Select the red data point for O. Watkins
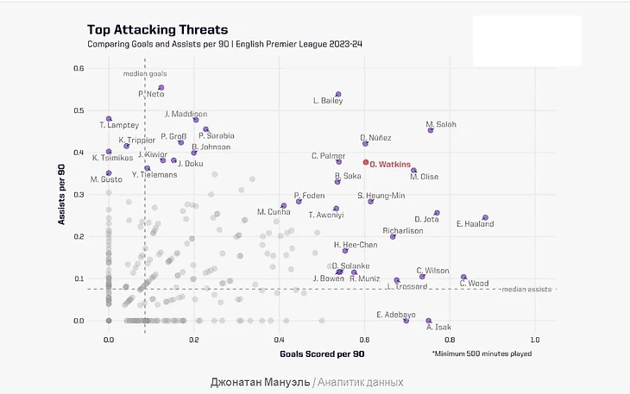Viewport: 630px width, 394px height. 366,162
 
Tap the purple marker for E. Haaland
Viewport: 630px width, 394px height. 485,218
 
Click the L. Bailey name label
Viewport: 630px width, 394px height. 328,101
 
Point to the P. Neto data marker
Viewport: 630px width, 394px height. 161,88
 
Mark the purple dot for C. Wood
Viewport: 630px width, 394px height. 463,278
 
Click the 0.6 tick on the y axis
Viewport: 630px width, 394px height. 78,69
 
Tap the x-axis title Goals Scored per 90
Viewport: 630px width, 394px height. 323,353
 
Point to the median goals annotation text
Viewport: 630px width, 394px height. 145,74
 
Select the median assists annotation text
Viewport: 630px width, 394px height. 526,289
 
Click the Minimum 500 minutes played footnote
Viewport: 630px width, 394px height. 482,353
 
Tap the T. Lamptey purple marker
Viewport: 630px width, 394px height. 109,119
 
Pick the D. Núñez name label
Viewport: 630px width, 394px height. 375,138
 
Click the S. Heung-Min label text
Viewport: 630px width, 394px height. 381,196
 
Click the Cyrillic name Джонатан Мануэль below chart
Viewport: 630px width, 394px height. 259,381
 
